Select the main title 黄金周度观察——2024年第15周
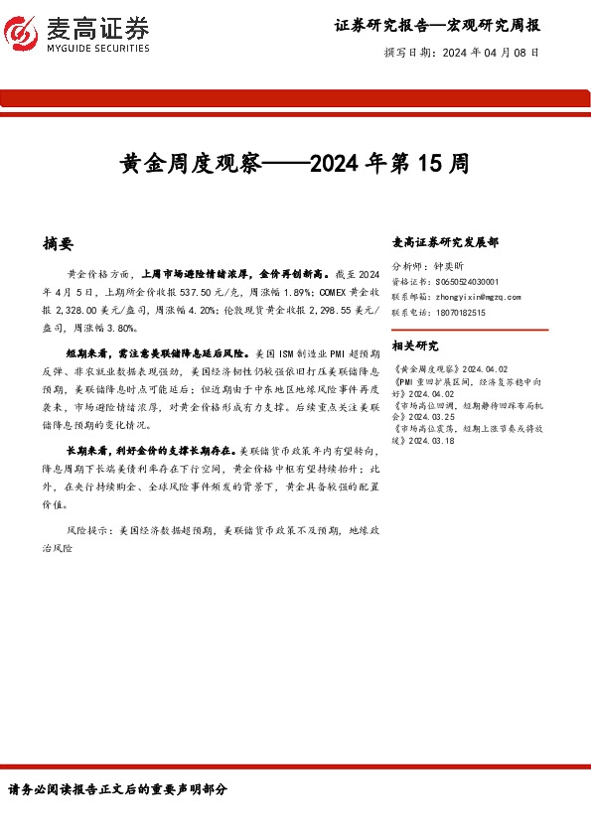[x=294, y=163]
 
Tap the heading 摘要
[x=59, y=243]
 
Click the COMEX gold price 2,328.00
[x=82, y=309]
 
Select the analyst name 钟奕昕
[x=452, y=267]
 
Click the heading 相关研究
[x=415, y=346]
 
